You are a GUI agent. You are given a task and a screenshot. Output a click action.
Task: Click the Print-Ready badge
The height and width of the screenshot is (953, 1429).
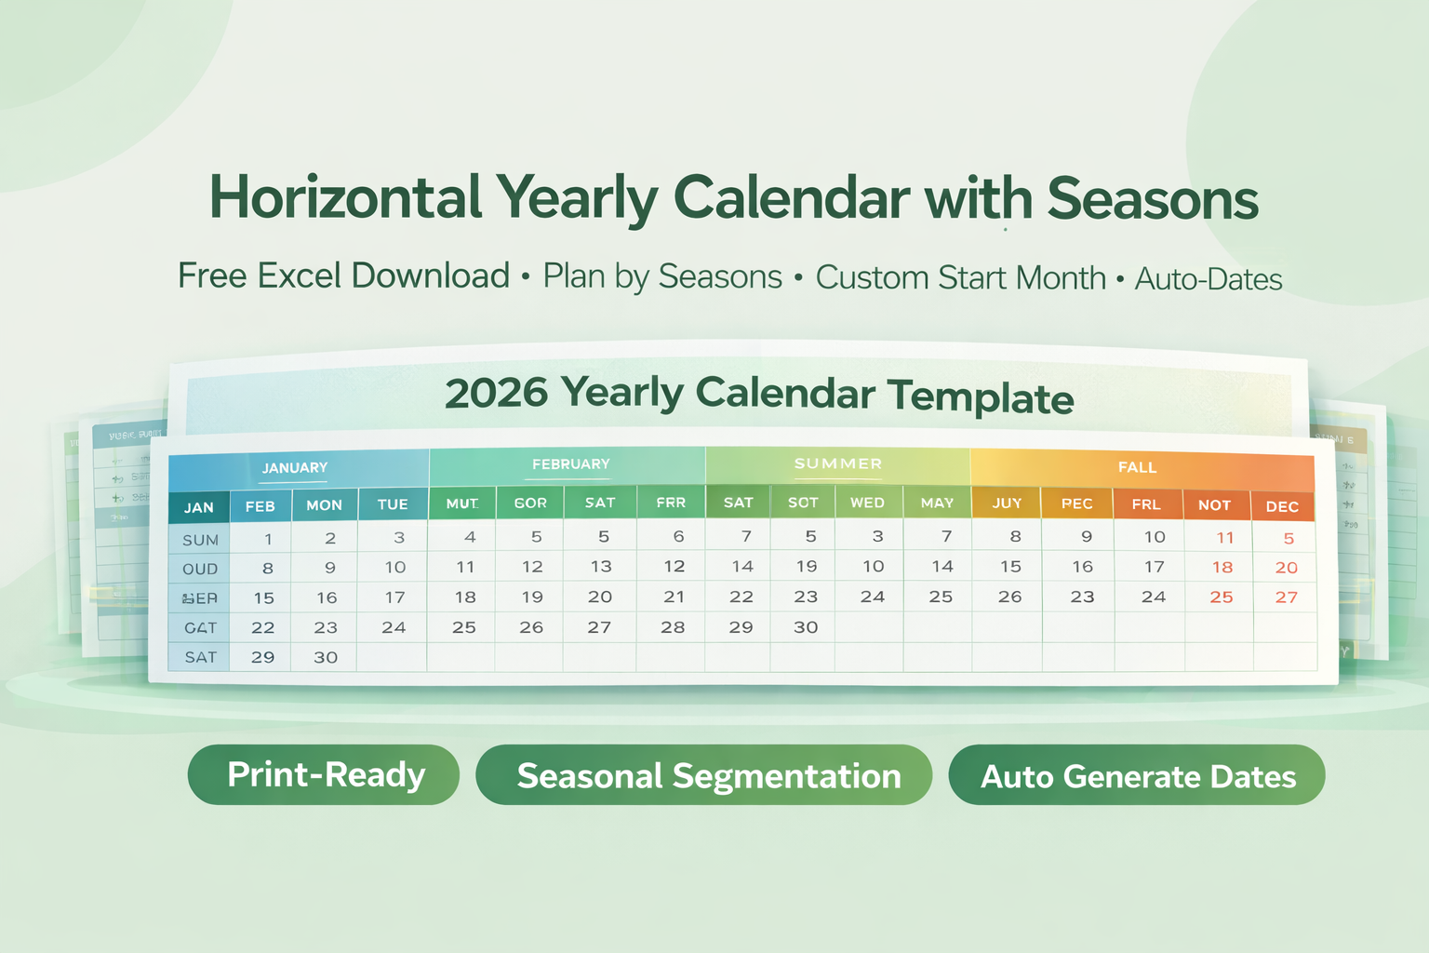pyautogui.click(x=324, y=774)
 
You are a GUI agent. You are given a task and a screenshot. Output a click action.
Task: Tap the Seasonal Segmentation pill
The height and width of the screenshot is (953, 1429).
pyautogui.click(x=704, y=775)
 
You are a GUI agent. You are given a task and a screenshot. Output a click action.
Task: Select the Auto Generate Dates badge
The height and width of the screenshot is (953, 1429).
pyautogui.click(x=1137, y=775)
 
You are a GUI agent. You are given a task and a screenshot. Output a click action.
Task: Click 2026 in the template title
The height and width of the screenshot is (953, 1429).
pyautogui.click(x=496, y=393)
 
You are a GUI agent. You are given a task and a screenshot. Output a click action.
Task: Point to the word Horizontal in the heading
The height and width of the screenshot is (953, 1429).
pyautogui.click(x=345, y=197)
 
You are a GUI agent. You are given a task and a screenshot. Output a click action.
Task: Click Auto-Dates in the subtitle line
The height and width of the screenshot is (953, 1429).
pyautogui.click(x=1209, y=278)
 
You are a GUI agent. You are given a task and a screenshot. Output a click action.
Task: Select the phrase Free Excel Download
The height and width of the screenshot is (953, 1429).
pyautogui.click(x=343, y=275)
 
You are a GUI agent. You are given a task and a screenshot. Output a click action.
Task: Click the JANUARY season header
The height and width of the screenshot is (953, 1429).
pyautogui.click(x=295, y=467)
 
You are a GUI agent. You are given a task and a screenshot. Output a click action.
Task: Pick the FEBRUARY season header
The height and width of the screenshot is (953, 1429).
pyautogui.click(x=570, y=463)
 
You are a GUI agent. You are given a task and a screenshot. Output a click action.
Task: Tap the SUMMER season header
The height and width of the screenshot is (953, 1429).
pyautogui.click(x=837, y=463)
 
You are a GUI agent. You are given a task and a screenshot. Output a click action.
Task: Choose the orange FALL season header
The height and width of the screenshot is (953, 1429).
pyautogui.click(x=1137, y=467)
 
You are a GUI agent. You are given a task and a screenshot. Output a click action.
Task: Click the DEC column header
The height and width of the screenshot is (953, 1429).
pyautogui.click(x=1282, y=506)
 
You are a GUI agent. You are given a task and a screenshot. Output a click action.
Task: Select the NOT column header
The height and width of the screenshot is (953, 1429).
pyautogui.click(x=1214, y=504)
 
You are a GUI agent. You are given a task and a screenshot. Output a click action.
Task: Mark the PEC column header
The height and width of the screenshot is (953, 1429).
pyautogui.click(x=1076, y=503)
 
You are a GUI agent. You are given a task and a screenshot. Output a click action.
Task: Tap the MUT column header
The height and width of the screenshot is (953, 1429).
pyautogui.click(x=462, y=503)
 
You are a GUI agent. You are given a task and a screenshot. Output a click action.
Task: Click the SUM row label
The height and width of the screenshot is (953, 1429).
pyautogui.click(x=200, y=540)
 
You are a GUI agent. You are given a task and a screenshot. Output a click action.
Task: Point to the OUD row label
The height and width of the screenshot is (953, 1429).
pyautogui.click(x=200, y=569)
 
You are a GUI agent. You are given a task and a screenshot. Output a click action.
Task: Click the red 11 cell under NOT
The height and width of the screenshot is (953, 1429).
pyautogui.click(x=1225, y=537)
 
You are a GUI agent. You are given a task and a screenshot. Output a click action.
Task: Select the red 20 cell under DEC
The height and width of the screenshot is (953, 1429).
pyautogui.click(x=1286, y=568)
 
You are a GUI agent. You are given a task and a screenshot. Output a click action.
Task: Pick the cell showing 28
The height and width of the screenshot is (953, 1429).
pyautogui.click(x=673, y=627)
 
